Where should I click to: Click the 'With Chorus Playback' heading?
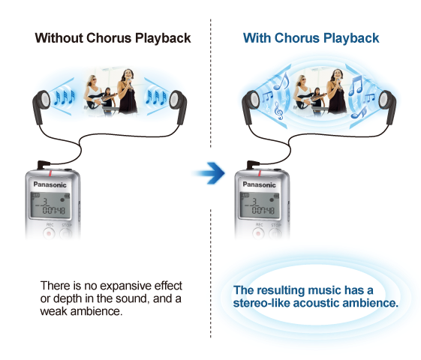click(x=311, y=37)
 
